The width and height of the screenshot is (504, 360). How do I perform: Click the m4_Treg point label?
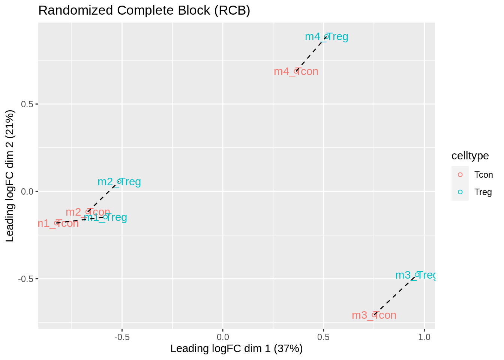point(326,37)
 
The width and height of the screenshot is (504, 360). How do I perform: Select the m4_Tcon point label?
point(296,71)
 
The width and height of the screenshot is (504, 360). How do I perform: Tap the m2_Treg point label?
point(119,182)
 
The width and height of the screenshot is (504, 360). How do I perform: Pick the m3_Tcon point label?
point(374,315)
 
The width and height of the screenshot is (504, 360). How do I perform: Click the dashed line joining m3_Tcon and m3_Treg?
point(395,295)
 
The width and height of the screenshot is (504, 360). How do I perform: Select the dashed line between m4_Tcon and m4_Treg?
point(311,54)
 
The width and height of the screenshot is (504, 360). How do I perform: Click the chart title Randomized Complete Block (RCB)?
point(144,10)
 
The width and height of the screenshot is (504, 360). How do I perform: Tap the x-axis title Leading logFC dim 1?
point(236,349)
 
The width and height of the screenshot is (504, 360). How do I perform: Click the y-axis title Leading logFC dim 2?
point(10,175)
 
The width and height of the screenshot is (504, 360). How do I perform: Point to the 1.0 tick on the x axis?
point(424,337)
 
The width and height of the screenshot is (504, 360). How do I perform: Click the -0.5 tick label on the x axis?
point(121,337)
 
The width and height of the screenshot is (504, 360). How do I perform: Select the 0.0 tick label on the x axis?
point(223,337)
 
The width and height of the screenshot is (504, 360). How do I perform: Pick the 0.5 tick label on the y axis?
point(27,104)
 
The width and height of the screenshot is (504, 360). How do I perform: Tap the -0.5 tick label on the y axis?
point(25,279)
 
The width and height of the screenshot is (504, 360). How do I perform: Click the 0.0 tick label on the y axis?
point(27,192)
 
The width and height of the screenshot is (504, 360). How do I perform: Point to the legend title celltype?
point(470,156)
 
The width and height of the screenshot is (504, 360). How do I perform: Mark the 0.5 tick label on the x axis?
point(323,337)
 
